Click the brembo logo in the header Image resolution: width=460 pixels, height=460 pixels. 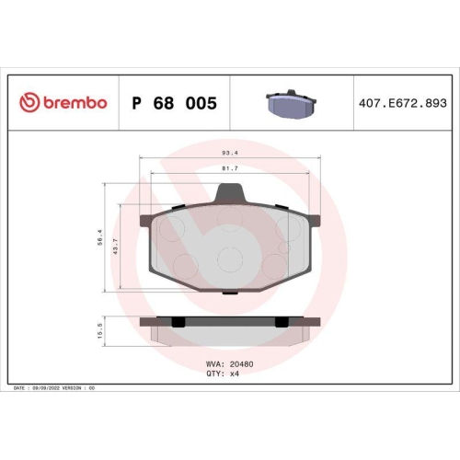click(63, 103)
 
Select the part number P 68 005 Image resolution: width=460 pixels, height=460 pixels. click(175, 103)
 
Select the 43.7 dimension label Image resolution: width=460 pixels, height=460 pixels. click(115, 246)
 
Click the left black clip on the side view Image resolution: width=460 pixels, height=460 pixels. click(178, 321)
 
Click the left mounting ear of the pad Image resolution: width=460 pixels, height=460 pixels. click(145, 222)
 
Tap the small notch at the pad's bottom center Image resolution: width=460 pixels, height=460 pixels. click(227, 291)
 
